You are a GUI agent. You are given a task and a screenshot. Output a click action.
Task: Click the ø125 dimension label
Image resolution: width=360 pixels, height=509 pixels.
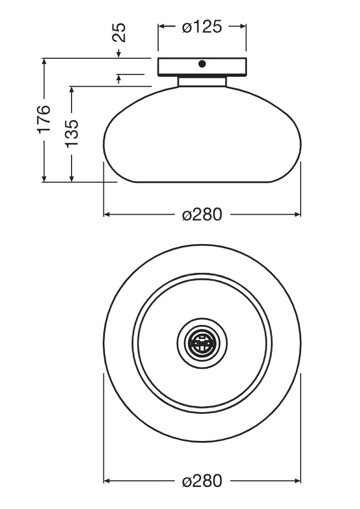202,27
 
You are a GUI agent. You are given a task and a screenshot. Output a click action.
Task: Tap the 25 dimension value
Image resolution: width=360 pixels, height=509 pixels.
118,32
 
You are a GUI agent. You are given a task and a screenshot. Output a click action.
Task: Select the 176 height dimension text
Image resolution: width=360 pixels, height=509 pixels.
43,118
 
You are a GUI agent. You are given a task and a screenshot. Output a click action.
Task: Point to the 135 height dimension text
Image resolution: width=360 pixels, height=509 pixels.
72,134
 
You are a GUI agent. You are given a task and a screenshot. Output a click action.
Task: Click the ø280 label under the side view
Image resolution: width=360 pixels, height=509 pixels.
202,214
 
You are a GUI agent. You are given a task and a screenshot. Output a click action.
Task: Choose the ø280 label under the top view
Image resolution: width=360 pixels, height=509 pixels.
202,480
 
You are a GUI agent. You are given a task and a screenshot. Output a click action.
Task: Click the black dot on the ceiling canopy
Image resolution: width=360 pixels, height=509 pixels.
202,64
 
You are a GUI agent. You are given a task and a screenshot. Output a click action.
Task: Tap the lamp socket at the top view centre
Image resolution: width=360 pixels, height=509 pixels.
202,343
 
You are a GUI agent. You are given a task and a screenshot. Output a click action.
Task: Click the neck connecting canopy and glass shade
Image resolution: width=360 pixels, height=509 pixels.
202,81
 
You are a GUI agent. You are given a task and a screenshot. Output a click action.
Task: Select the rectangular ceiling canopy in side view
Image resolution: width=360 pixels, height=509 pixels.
202,67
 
